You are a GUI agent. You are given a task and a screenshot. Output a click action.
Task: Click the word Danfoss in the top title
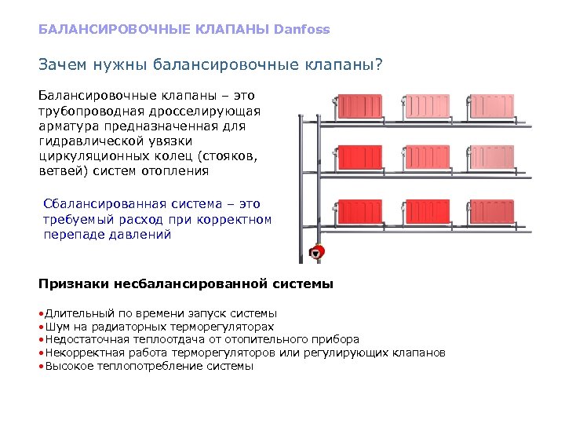[302, 29]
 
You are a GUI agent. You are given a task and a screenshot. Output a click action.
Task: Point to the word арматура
[69, 126]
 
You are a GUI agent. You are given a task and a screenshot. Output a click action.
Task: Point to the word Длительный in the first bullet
[80, 313]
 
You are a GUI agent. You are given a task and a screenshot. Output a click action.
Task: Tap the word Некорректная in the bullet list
[86, 353]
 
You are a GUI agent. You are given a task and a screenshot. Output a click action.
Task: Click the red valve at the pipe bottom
[317, 253]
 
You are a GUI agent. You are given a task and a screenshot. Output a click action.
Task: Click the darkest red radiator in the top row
[359, 107]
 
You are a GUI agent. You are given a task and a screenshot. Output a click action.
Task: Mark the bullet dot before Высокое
[42, 366]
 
